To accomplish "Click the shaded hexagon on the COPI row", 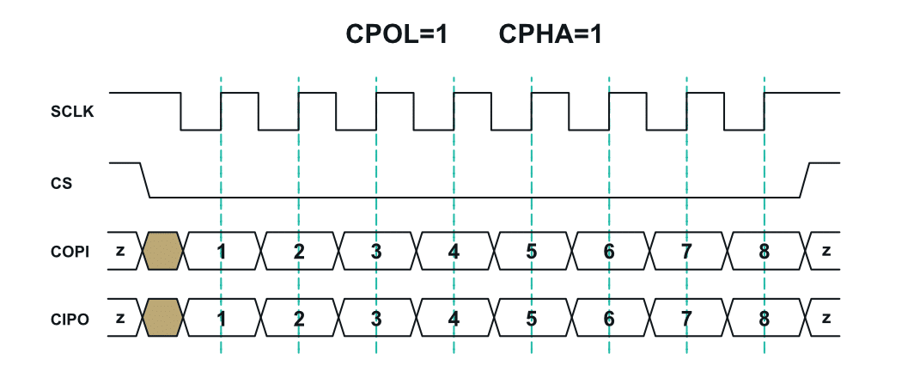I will (162, 251).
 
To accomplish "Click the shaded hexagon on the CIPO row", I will (162, 319).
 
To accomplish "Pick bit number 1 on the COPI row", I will (222, 252).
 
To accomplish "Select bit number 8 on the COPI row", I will (764, 252).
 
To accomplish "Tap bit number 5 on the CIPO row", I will (532, 319).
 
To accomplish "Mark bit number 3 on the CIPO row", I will (376, 319).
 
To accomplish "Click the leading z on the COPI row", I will (120, 251).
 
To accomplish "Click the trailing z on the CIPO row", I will (826, 319).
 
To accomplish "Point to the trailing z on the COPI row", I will (826, 251).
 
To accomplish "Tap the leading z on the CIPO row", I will (120, 319).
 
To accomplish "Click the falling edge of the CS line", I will (145, 180).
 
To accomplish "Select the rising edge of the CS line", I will (806, 180).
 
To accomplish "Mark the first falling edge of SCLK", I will (181, 111).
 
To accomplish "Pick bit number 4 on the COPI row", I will (454, 252).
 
